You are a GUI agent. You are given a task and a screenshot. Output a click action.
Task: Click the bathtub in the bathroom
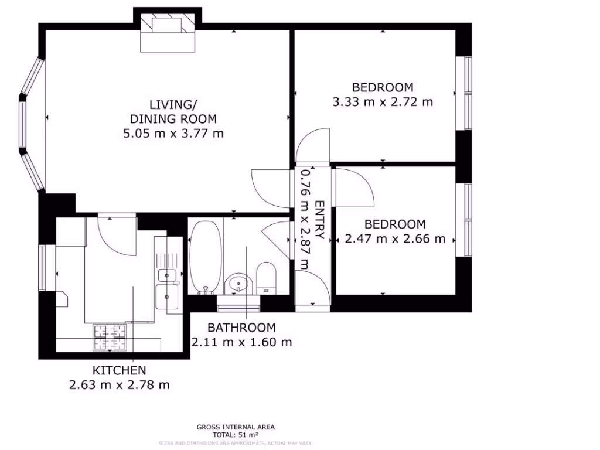pos(205,257)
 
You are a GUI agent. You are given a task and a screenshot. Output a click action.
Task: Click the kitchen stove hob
pos(110,337)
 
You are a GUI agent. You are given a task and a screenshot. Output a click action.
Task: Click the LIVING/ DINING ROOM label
pos(173,112)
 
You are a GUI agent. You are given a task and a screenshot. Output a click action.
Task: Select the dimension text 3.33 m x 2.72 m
pos(383,102)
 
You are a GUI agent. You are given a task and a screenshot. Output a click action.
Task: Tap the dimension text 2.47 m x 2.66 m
pos(395,239)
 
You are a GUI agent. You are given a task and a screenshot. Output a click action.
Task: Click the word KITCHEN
pos(119,370)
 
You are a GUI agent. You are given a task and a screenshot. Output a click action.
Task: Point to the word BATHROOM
pos(241,328)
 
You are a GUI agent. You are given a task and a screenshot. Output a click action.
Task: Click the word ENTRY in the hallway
pos(319,221)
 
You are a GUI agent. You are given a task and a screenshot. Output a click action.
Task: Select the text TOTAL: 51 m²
pos(236,435)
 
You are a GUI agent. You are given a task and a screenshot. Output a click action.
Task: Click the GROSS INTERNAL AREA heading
pos(236,427)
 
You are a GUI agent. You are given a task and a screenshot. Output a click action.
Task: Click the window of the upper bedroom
pos(467,93)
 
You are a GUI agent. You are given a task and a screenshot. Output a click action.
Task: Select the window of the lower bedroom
pos(467,220)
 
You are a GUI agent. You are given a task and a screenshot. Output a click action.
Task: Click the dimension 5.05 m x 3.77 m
pos(173,134)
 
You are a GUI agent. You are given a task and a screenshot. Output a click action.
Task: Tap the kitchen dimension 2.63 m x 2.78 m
pos(119,385)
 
